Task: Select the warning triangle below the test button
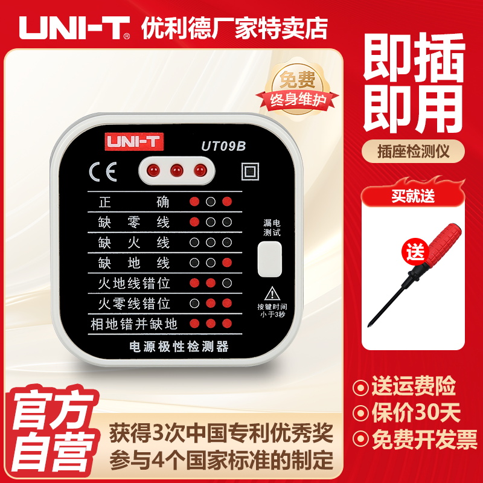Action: (273, 293)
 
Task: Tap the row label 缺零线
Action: (134, 222)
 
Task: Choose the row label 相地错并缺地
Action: (134, 324)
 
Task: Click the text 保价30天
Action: (415, 413)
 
